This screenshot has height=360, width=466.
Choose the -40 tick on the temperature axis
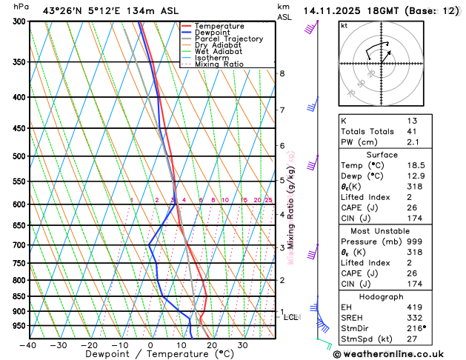pyautogui.click(x=28, y=345)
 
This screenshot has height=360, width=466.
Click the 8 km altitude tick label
pyautogui.click(x=282, y=73)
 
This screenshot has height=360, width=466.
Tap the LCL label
pyautogui.click(x=291, y=317)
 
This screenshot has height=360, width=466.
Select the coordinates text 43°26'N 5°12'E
pyautogui.click(x=77, y=10)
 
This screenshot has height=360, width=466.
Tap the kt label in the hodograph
pyautogui.click(x=344, y=25)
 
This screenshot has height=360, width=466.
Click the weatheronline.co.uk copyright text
pyautogui.click(x=399, y=354)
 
